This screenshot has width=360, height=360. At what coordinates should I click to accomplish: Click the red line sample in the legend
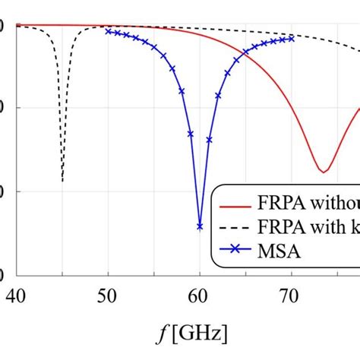(235, 206)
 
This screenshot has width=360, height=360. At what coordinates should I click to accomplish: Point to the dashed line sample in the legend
(235, 229)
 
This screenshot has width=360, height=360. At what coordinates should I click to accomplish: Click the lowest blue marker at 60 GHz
(200, 226)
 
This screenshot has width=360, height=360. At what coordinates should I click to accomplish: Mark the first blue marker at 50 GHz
(108, 31)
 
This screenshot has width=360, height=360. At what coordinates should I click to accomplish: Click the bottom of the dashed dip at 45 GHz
(62, 181)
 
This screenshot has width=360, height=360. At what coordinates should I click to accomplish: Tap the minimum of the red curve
(322, 171)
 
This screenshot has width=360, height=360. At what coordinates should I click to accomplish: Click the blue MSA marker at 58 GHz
(182, 91)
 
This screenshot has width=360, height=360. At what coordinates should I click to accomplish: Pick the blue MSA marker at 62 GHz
(218, 96)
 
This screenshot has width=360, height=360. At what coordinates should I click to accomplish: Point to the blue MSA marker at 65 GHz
(245, 52)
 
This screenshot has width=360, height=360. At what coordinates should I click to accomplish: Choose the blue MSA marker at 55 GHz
(153, 47)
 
